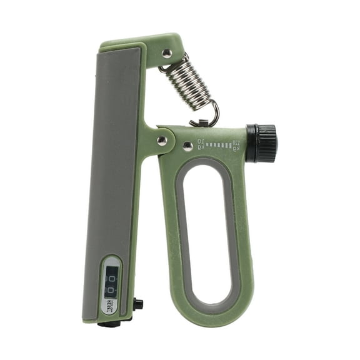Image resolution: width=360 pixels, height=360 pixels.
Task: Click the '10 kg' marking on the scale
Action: tap(201, 144)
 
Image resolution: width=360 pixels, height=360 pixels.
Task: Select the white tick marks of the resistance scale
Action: tap(219, 145)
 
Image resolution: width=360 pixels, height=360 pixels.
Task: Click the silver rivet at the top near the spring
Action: tap(167, 54)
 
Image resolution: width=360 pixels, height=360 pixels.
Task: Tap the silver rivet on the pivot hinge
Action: tap(162, 141)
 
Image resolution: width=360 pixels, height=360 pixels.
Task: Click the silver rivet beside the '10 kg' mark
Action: tap(187, 146)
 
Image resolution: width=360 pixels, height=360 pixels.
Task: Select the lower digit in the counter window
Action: tap(111, 290)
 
